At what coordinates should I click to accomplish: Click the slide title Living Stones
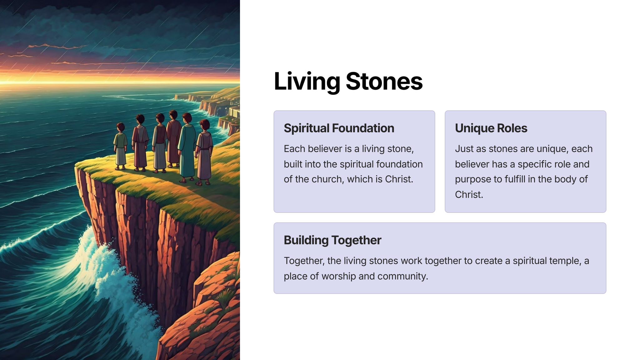(348, 81)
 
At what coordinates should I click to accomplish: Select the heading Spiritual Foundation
(339, 128)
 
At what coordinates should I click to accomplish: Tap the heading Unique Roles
(491, 128)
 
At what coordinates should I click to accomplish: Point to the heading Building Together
(332, 240)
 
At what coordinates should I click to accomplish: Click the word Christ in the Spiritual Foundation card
(399, 179)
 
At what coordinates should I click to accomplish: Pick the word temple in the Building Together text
(564, 261)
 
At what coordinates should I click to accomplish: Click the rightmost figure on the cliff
(204, 152)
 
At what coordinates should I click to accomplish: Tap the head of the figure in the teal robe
(187, 118)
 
